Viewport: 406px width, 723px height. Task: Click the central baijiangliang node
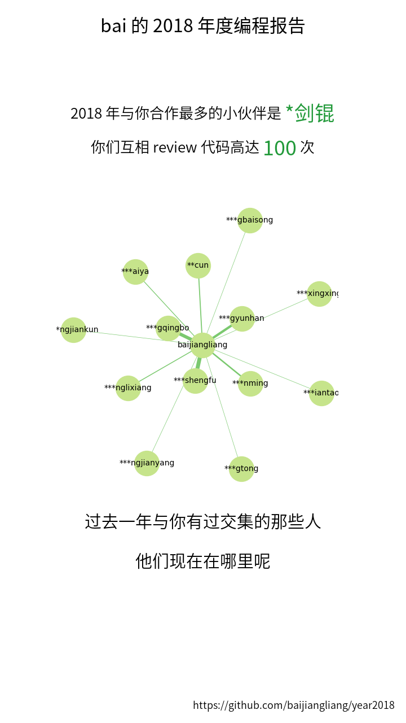click(x=202, y=345)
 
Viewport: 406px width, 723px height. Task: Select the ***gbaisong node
click(x=250, y=220)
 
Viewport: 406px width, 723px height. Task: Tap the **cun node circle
click(x=198, y=265)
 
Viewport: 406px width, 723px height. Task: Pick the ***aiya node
click(x=135, y=272)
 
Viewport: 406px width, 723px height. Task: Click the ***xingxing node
click(x=319, y=294)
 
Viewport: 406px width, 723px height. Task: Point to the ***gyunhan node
click(x=242, y=319)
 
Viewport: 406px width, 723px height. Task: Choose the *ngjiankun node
click(x=73, y=330)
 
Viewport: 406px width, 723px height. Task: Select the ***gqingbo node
click(x=168, y=328)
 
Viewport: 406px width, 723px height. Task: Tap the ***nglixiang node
click(x=128, y=388)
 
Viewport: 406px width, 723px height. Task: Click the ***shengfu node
click(x=195, y=381)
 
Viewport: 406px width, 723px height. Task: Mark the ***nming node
click(x=250, y=384)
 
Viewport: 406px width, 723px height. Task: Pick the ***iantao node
click(x=321, y=393)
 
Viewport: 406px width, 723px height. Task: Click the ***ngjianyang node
click(x=147, y=463)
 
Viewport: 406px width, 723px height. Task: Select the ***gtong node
click(x=241, y=469)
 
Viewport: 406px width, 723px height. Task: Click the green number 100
click(x=280, y=148)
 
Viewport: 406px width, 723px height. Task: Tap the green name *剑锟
click(x=310, y=113)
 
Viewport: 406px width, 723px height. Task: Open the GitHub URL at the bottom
click(x=293, y=705)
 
